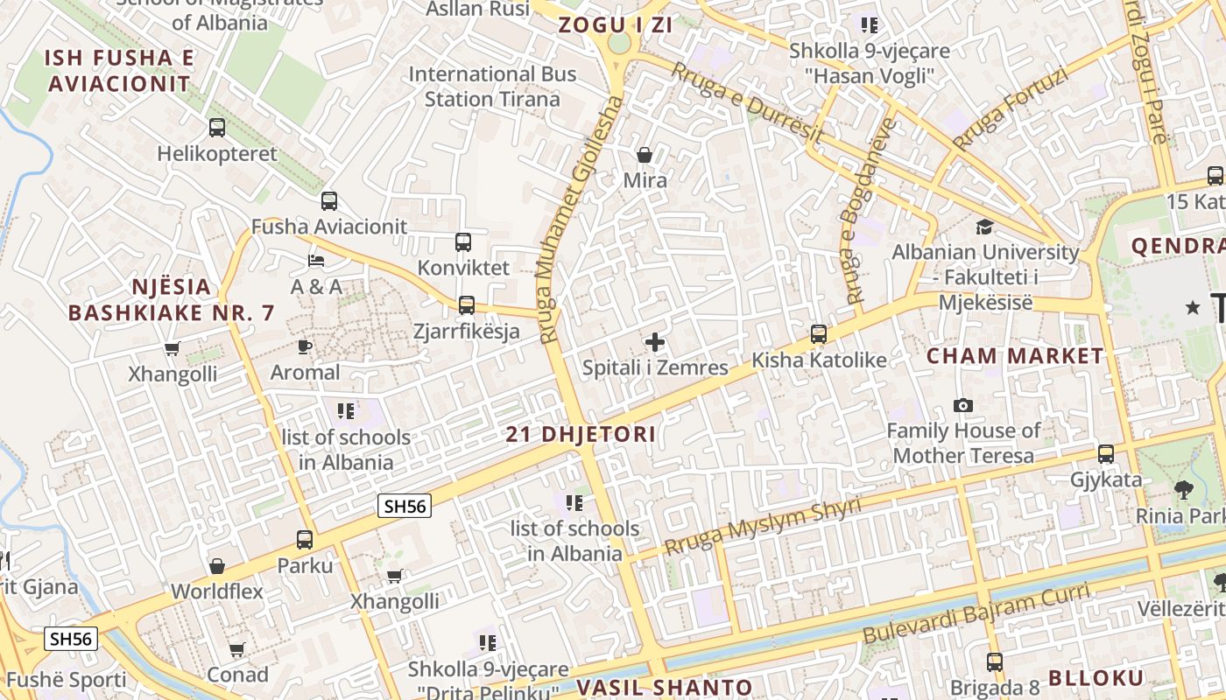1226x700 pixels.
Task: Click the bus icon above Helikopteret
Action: point(217,128)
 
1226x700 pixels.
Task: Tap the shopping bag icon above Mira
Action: point(645,155)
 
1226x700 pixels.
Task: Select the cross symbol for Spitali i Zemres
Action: point(654,342)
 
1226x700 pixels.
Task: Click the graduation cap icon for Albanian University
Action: point(985,227)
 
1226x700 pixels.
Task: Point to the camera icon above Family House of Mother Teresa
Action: point(963,405)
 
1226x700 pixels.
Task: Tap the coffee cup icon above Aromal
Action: point(305,346)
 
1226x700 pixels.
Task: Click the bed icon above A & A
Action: point(316,261)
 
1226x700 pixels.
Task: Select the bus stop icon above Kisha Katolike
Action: point(819,334)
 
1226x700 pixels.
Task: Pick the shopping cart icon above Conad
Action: point(237,649)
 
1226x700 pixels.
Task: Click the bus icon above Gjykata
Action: point(1106,454)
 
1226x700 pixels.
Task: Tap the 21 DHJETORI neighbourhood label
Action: point(581,435)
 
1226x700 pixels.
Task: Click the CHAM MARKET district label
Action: point(1015,356)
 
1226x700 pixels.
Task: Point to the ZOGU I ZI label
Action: point(616,25)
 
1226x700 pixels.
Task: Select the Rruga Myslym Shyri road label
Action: point(762,527)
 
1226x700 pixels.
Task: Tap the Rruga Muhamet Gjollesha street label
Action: point(578,219)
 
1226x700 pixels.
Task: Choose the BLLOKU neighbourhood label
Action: point(1096,678)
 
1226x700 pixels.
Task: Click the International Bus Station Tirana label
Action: point(492,87)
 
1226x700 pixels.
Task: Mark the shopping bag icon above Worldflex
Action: point(217,566)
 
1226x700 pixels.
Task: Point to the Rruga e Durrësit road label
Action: point(746,102)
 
